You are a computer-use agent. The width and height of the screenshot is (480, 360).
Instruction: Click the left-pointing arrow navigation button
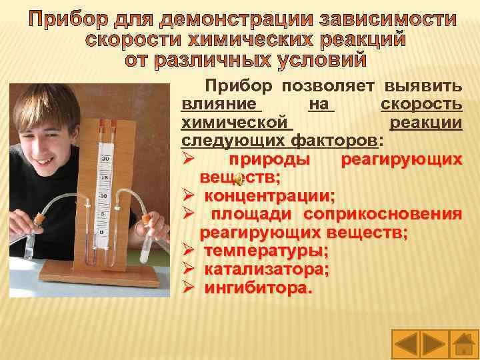(406, 344)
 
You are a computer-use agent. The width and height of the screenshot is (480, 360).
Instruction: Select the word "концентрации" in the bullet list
(267, 196)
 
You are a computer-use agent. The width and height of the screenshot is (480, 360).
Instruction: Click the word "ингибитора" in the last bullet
(257, 289)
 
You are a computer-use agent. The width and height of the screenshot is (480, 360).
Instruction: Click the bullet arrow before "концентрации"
(189, 196)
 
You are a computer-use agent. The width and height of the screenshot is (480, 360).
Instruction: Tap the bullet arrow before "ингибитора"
(189, 289)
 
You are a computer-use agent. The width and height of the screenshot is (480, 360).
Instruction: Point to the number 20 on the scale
(105, 159)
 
